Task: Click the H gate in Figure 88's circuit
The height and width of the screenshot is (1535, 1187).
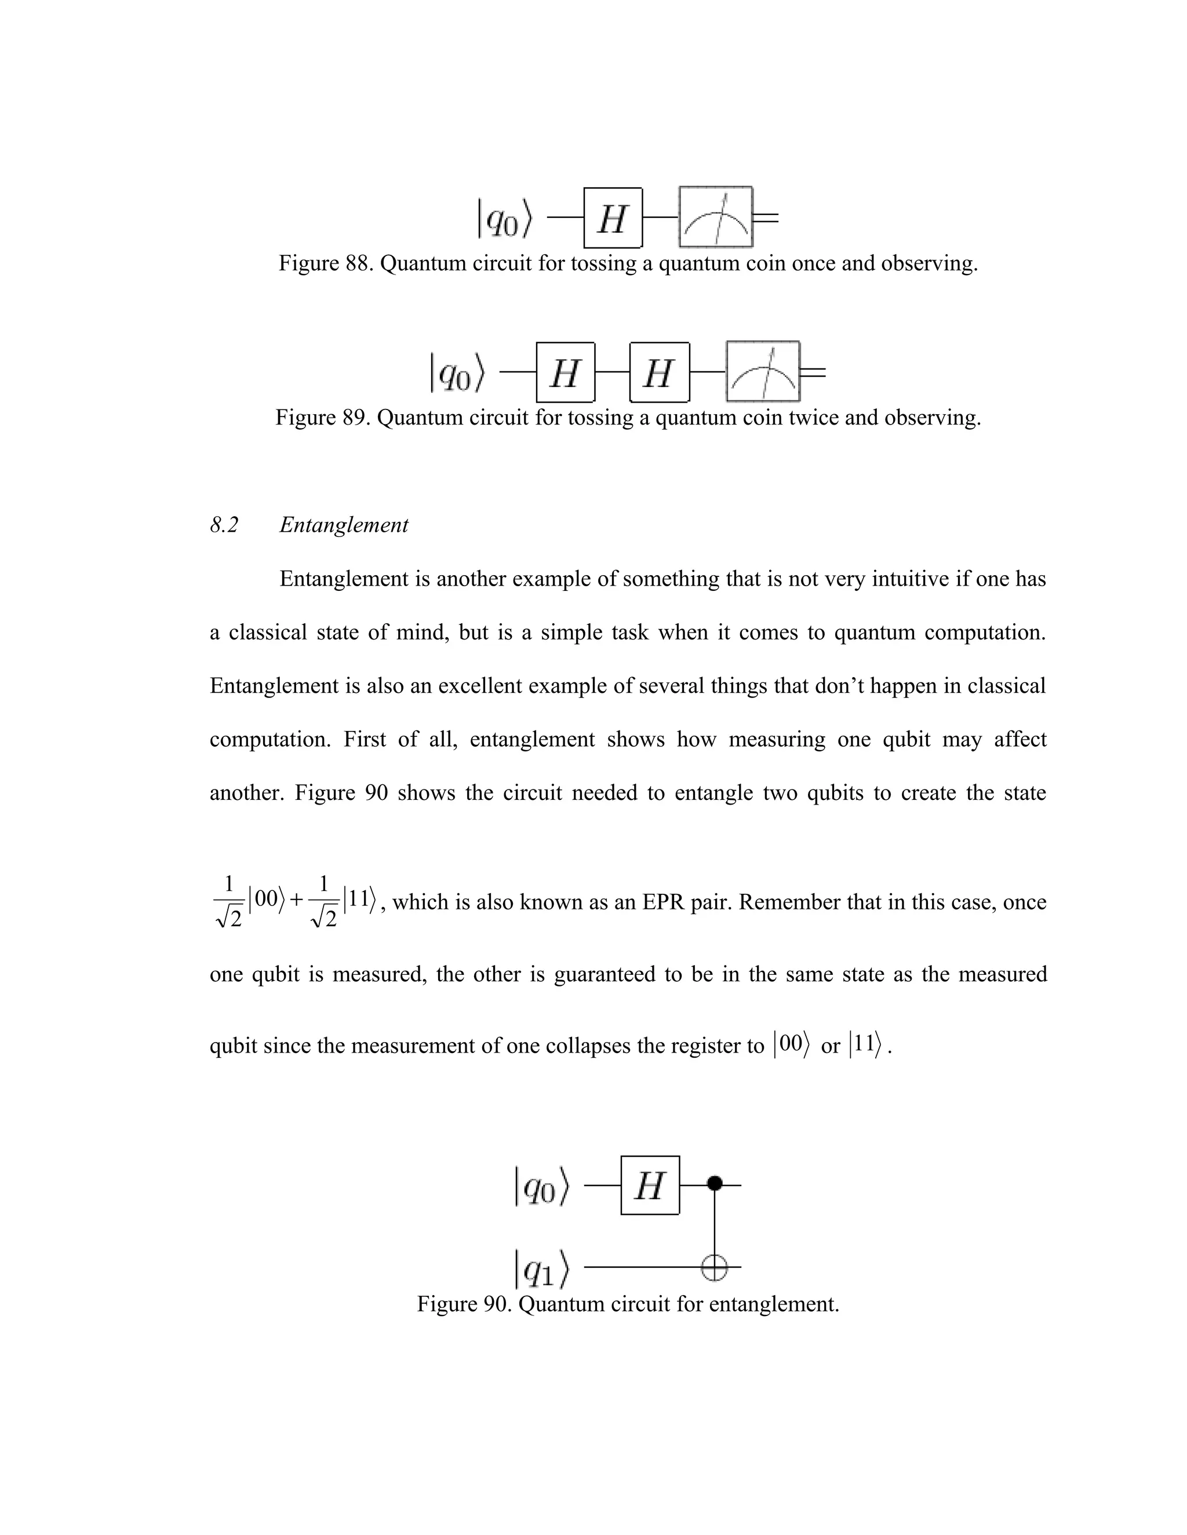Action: [x=613, y=218]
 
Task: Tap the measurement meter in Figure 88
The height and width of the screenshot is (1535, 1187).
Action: [x=716, y=217]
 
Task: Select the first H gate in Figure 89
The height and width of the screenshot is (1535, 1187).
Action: [x=565, y=372]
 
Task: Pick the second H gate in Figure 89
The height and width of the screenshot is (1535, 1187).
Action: [x=659, y=372]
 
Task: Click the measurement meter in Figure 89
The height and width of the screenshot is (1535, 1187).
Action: [x=763, y=372]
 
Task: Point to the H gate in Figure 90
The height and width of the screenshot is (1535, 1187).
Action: [x=650, y=1186]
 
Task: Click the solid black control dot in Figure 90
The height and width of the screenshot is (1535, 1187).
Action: [x=715, y=1183]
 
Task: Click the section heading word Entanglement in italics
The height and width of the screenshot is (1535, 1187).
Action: [x=344, y=525]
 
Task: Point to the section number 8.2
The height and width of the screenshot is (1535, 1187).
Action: [x=224, y=525]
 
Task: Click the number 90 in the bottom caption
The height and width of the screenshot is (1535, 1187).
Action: [x=498, y=1304]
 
